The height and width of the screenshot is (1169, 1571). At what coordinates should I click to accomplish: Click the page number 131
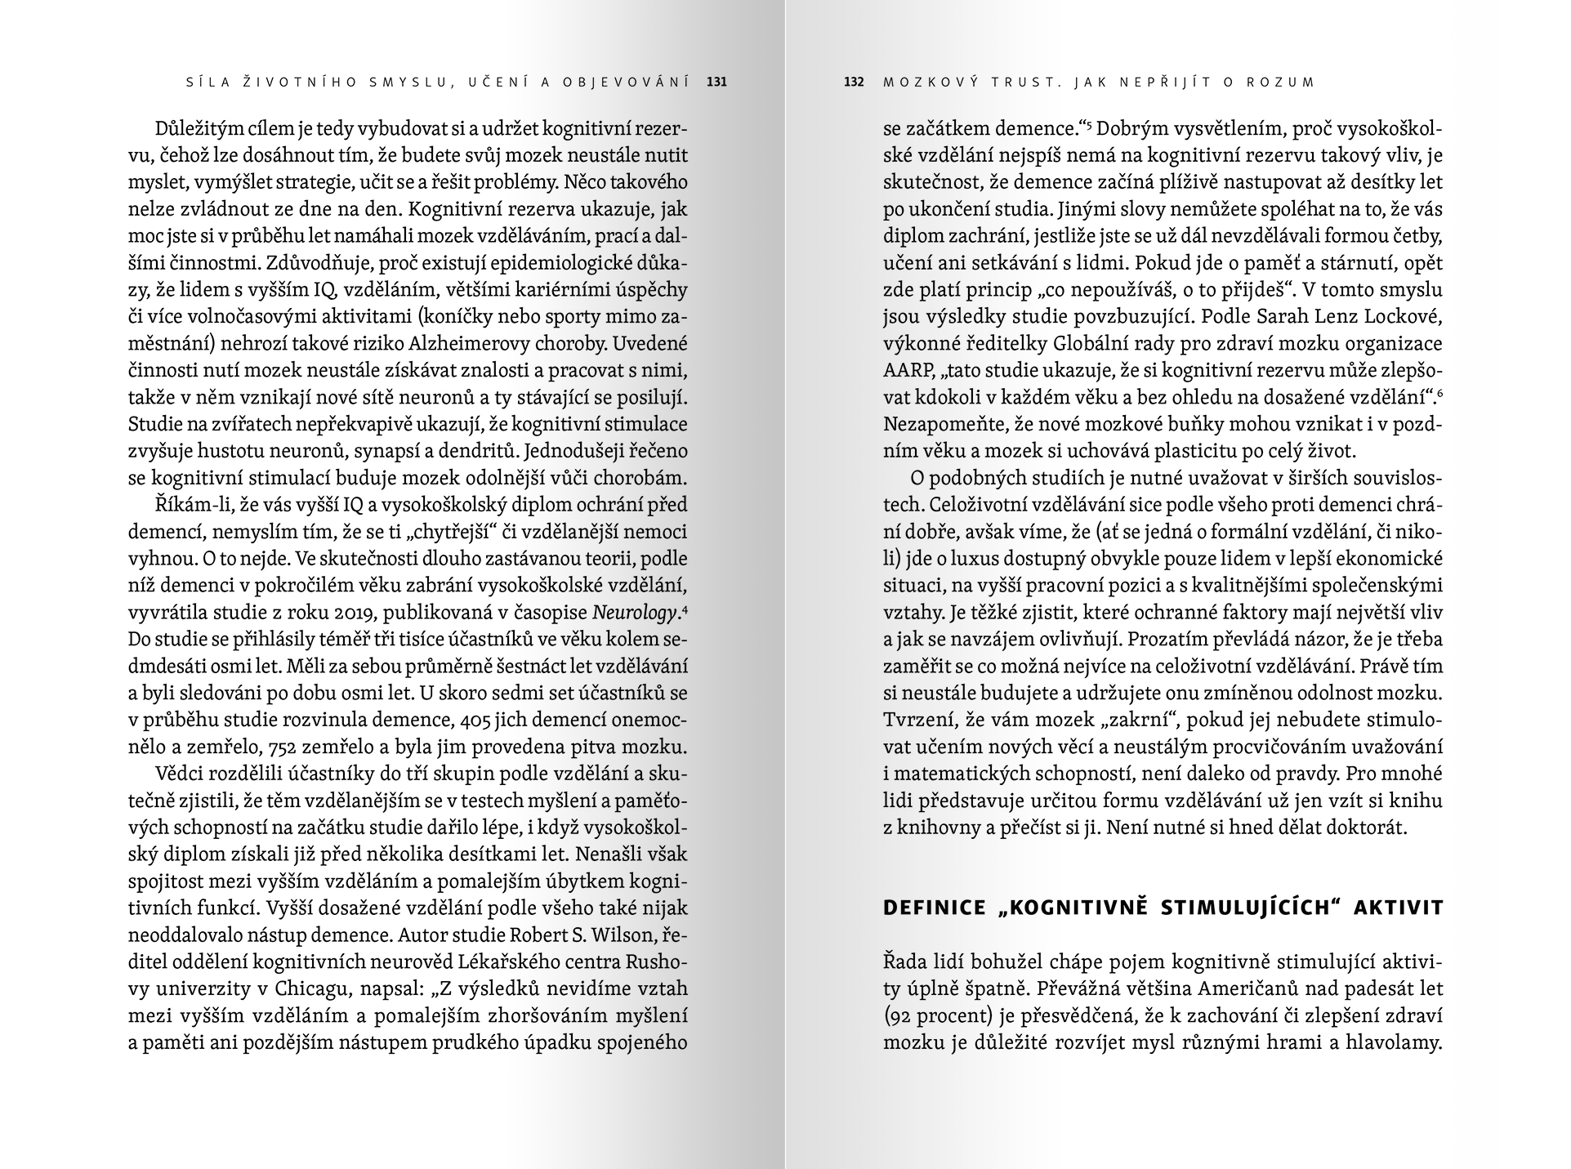pos(716,82)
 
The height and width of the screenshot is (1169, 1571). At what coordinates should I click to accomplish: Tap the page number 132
pos(854,82)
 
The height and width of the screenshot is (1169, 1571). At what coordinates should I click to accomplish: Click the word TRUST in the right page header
pos(1020,82)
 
